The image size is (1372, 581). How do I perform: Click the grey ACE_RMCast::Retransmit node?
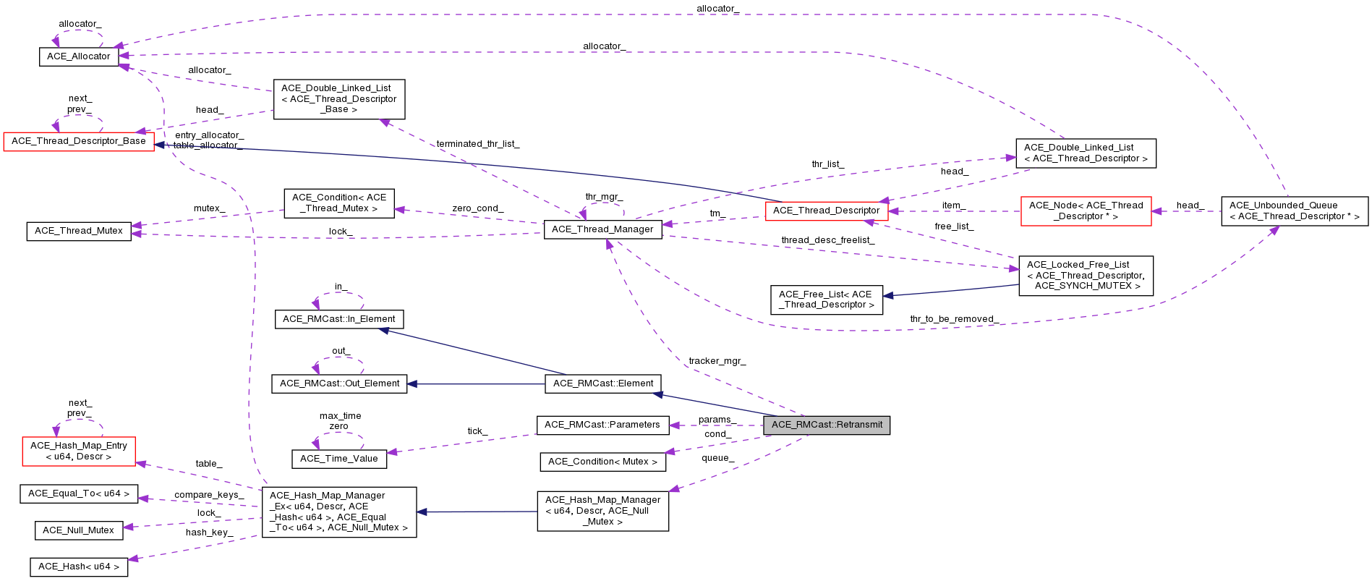tap(827, 425)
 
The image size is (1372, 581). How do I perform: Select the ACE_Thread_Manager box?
tap(602, 229)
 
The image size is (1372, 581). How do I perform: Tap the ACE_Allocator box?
tap(79, 56)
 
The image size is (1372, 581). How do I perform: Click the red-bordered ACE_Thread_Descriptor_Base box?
tap(79, 141)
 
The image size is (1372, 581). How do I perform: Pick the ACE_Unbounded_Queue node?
tap(1294, 211)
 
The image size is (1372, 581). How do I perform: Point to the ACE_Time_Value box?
tap(338, 459)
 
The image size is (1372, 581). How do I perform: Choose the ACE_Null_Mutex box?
tap(78, 530)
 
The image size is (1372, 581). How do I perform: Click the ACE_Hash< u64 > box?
tap(79, 567)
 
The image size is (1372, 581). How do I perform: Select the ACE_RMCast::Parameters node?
tap(602, 425)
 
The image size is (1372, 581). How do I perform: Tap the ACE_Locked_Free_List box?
tap(1085, 275)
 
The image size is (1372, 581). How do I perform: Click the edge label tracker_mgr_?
tap(717, 361)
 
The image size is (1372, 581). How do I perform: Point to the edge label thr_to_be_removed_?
tap(954, 319)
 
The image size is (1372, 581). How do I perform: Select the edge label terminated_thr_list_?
tap(477, 144)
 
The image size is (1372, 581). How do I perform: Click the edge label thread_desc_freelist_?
tap(827, 240)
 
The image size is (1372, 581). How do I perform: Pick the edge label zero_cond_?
tap(477, 208)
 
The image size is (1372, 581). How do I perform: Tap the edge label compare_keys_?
tap(208, 495)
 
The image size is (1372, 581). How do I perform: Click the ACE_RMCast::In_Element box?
tap(338, 319)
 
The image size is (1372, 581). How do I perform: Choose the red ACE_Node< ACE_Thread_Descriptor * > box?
tap(1086, 211)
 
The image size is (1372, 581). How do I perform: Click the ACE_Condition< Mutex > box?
tap(602, 462)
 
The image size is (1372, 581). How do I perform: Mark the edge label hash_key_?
tap(209, 533)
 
